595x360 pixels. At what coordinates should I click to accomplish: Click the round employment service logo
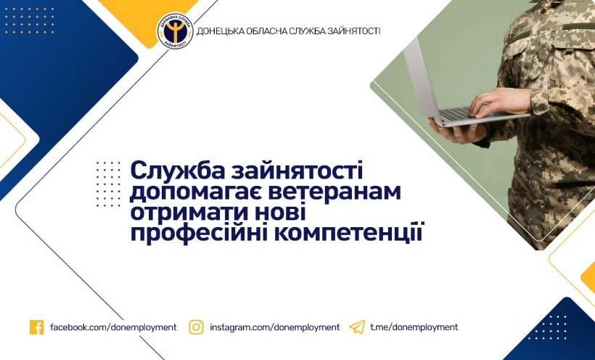pyautogui.click(x=176, y=31)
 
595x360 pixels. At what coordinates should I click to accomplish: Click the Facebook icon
pyautogui.click(x=37, y=327)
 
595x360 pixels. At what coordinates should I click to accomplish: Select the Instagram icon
pyautogui.click(x=196, y=327)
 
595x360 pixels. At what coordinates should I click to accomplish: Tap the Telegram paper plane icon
pyautogui.click(x=357, y=327)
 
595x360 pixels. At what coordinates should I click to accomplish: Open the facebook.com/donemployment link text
pyautogui.click(x=113, y=327)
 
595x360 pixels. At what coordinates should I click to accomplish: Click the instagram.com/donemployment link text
pyautogui.click(x=275, y=327)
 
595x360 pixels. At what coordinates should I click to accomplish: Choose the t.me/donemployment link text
pyautogui.click(x=414, y=327)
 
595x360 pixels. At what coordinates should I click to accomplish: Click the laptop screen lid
pyautogui.click(x=423, y=81)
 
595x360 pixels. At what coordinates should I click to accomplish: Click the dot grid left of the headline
pyautogui.click(x=108, y=184)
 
